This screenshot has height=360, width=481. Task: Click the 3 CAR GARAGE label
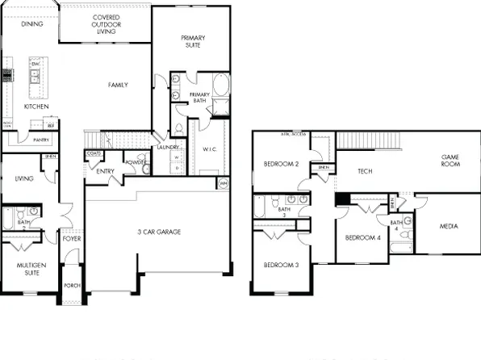pyautogui.click(x=158, y=232)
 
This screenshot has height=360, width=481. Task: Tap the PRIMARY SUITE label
pyautogui.click(x=194, y=41)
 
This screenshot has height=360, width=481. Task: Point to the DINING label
pyautogui.click(x=32, y=24)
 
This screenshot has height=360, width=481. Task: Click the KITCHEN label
pyautogui.click(x=36, y=107)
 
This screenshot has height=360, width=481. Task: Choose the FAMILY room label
pyautogui.click(x=119, y=85)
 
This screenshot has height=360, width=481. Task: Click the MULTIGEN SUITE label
pyautogui.click(x=29, y=267)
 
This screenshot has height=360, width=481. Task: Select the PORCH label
pyautogui.click(x=73, y=286)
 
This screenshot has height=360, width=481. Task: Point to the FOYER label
pyautogui.click(x=73, y=238)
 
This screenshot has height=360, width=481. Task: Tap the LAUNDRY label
pyautogui.click(x=168, y=148)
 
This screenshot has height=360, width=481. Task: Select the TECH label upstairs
pyautogui.click(x=365, y=171)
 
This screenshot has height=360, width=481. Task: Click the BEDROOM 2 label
pyautogui.click(x=282, y=165)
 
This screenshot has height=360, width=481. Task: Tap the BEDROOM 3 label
pyautogui.click(x=280, y=265)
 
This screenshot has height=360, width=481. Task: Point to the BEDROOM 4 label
pyautogui.click(x=362, y=238)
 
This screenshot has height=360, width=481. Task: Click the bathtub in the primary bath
pyautogui.click(x=220, y=87)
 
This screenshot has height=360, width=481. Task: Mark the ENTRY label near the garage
pyautogui.click(x=105, y=171)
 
